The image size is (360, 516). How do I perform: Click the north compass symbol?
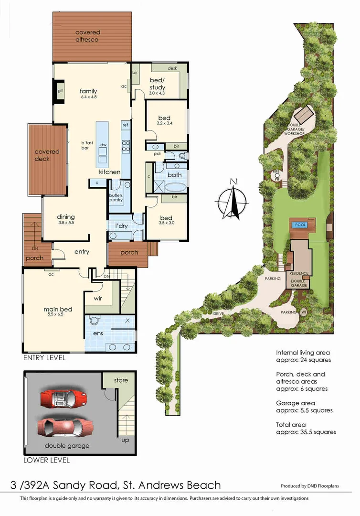[233, 199]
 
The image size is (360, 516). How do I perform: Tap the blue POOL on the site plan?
[300, 225]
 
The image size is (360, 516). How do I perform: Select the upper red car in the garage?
[64, 398]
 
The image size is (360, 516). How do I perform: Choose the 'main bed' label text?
[58, 310]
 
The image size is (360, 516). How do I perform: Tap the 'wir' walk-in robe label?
[97, 298]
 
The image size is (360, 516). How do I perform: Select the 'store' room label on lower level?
[121, 380]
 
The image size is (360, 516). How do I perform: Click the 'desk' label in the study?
[172, 68]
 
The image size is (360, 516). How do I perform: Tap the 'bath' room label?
[175, 175]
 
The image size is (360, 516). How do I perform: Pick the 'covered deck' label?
[47, 155]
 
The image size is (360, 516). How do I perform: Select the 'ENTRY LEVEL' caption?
[44, 357]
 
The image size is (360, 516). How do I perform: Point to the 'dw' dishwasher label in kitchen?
[103, 144]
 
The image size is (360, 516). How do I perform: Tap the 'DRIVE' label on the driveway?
[219, 313]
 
